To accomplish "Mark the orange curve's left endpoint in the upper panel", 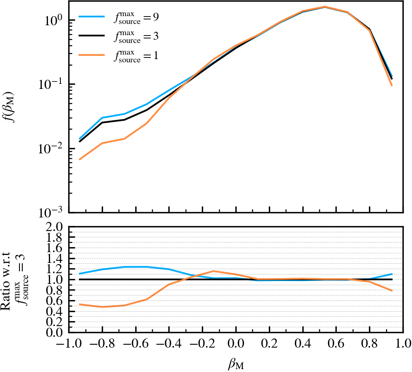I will [x=79, y=159].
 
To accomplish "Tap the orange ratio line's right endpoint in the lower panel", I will [x=392, y=291].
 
